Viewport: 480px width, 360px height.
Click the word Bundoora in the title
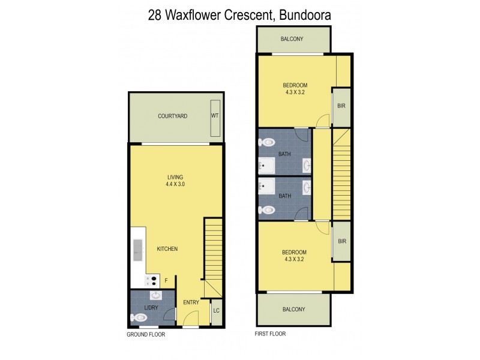click(x=305, y=15)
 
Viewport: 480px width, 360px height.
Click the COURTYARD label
click(x=172, y=116)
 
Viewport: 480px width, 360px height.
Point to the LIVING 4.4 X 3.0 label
click(x=175, y=181)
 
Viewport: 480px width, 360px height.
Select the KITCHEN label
click(x=167, y=248)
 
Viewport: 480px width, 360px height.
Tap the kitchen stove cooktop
click(x=152, y=279)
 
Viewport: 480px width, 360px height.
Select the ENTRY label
click(x=191, y=302)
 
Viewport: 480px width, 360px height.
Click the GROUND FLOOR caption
click(x=146, y=334)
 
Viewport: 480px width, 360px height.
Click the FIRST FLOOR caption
click(x=271, y=333)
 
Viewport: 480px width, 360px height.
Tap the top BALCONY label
click(x=292, y=39)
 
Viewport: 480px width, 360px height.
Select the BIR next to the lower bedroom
click(x=341, y=241)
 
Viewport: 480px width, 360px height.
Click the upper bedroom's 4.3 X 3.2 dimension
click(x=296, y=92)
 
